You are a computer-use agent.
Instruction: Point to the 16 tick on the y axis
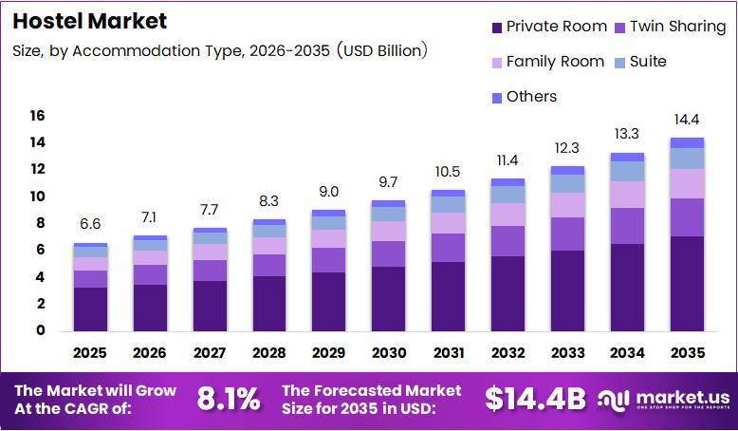tap(37, 116)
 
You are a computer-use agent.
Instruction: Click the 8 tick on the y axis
tap(41, 223)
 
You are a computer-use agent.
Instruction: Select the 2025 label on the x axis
tap(90, 353)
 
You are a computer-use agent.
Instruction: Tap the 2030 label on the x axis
tap(388, 353)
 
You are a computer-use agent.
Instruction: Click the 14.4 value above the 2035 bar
tap(687, 121)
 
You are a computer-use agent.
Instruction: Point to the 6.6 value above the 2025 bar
tap(90, 225)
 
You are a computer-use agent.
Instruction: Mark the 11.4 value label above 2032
tap(507, 160)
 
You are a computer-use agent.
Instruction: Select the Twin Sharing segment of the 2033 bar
tap(567, 234)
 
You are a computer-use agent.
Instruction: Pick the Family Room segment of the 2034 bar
tap(627, 194)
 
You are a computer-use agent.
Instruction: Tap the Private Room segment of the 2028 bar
tap(268, 303)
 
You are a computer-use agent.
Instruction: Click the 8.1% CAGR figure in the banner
tap(228, 400)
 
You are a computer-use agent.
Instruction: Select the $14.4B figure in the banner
tap(535, 400)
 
